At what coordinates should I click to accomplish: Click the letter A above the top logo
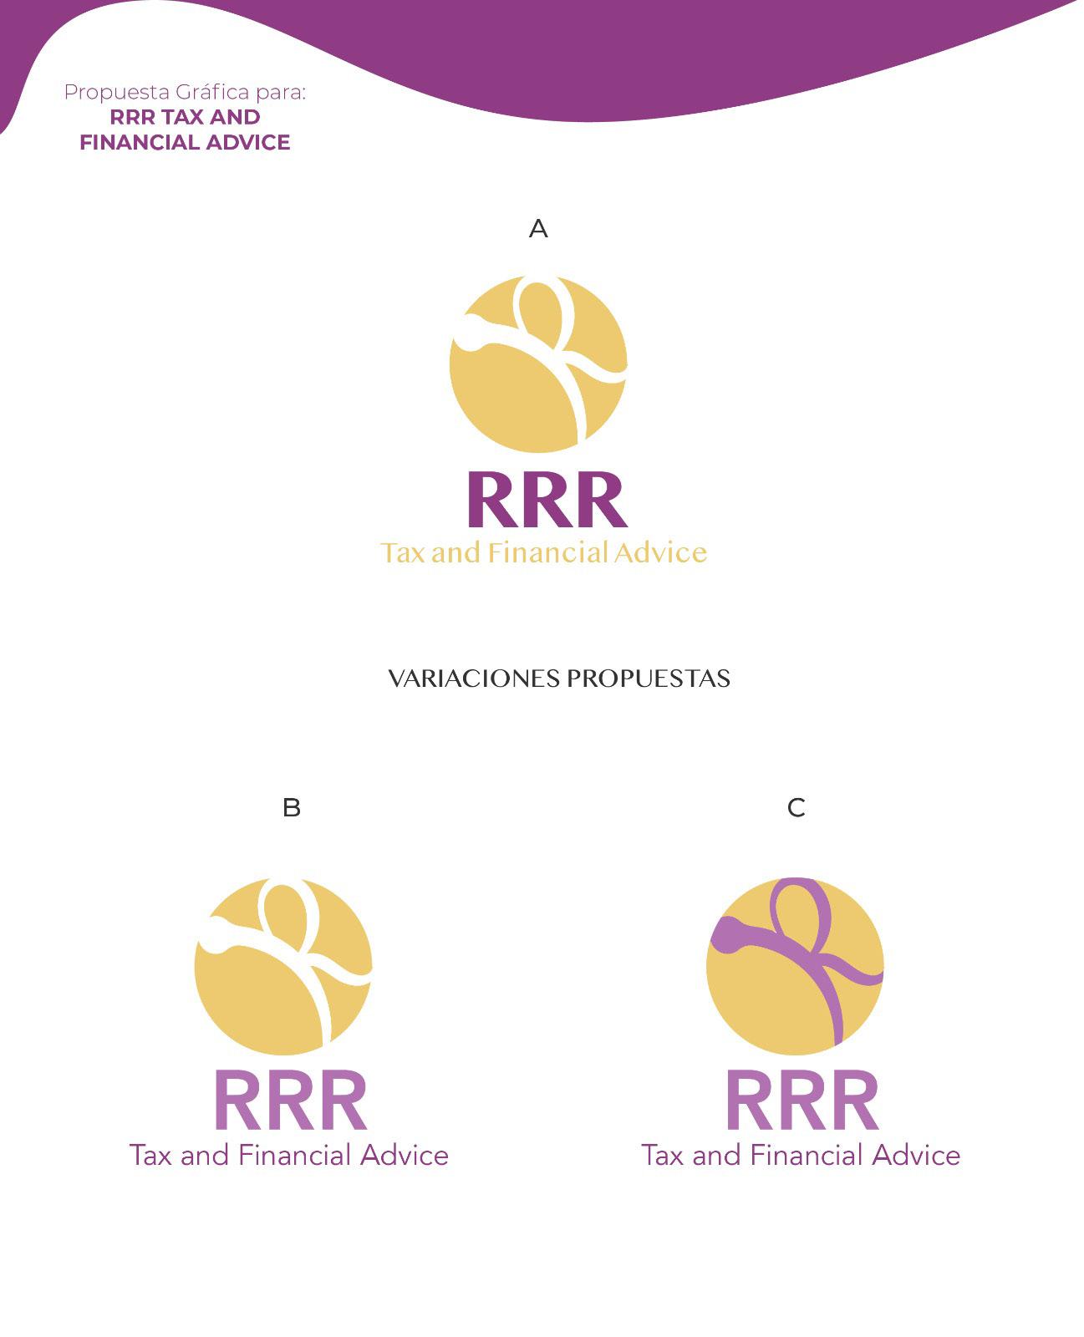click(x=538, y=228)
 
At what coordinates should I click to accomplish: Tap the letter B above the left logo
click(x=292, y=807)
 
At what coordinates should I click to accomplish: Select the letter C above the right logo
click(x=796, y=807)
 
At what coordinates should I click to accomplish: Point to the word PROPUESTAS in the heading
click(x=649, y=679)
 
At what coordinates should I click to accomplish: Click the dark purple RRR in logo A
click(x=547, y=501)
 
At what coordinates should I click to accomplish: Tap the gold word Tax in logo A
click(x=404, y=553)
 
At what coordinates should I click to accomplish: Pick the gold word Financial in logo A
click(x=547, y=553)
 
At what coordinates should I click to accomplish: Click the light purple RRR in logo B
click(x=291, y=1101)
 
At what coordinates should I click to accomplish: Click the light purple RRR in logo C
click(x=802, y=1101)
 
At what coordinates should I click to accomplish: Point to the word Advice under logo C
click(x=916, y=1156)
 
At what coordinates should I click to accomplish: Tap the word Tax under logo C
click(x=663, y=1156)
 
